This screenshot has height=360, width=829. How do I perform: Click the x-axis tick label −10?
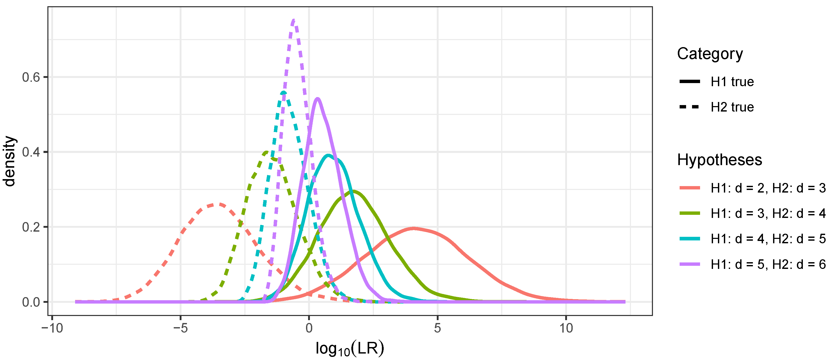[52, 328]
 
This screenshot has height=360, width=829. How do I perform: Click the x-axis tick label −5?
[180, 328]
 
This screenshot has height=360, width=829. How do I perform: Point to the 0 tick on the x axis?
[309, 328]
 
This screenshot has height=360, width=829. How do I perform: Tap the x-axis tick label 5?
[437, 328]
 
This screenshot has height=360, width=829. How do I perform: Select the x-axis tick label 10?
[566, 328]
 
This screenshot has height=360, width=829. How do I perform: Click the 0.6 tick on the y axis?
[31, 77]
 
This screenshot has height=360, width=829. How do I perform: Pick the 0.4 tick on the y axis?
[31, 152]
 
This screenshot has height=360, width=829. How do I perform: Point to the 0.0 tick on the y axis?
[31, 302]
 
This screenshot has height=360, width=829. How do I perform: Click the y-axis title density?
[10, 161]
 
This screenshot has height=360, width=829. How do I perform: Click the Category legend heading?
[710, 54]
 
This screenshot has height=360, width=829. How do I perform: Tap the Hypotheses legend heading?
[719, 160]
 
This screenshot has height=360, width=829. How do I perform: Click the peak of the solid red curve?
[413, 229]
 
